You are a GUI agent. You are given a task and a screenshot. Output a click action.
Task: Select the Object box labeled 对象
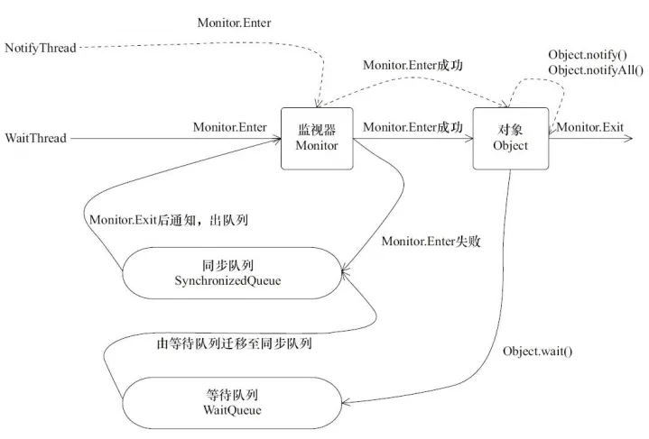coord(511,138)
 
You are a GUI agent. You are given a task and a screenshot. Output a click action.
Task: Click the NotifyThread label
coord(41,45)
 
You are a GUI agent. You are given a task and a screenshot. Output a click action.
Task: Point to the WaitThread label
coord(35,138)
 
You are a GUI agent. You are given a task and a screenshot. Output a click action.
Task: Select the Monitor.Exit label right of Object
coord(589,128)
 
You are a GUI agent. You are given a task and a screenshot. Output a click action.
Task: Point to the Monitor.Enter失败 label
coord(430,242)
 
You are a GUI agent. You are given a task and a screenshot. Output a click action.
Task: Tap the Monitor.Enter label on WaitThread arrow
coord(229,127)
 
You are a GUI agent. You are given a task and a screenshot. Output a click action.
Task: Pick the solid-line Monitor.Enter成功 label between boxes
coord(413,128)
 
